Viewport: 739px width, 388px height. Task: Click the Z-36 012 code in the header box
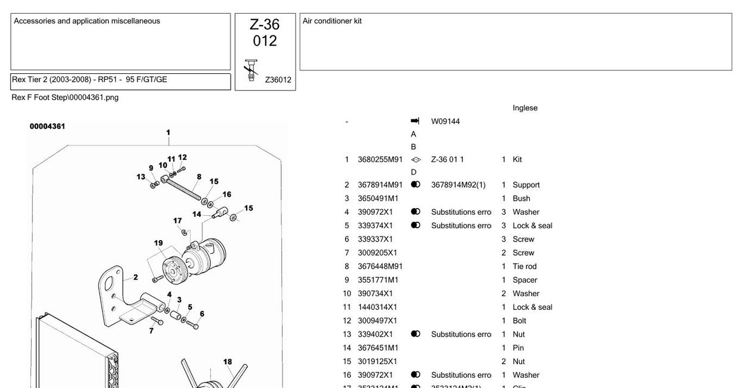(x=265, y=33)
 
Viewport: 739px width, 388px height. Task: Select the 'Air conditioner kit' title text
(x=332, y=21)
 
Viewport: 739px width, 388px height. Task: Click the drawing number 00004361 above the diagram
(x=48, y=126)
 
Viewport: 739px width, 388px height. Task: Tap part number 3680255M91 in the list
(x=380, y=160)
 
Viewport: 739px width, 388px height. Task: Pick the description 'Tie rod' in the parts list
(x=524, y=266)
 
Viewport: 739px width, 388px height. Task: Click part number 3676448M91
(x=380, y=266)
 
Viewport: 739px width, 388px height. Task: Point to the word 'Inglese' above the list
(x=524, y=108)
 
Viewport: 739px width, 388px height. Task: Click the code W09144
(x=445, y=122)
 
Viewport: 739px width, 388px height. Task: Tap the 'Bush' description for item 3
(x=521, y=198)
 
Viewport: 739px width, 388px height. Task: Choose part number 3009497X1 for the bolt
(x=377, y=321)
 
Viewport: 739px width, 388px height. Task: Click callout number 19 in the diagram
(x=159, y=243)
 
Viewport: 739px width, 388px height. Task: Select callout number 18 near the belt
(x=228, y=362)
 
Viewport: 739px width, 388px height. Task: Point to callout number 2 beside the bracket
(x=135, y=277)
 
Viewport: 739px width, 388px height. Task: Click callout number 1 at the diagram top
(x=168, y=133)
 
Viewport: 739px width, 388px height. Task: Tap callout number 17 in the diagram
(x=178, y=221)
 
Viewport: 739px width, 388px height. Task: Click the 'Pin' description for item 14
(x=518, y=348)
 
